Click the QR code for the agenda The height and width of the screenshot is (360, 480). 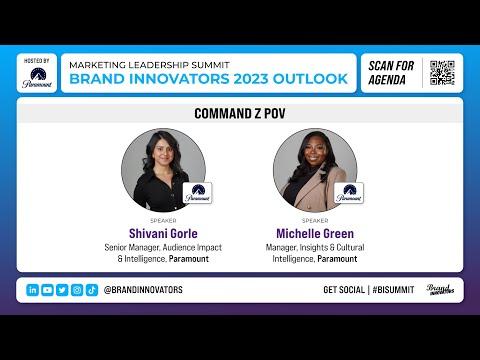pyautogui.click(x=442, y=73)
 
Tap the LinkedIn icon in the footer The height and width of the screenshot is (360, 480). pyautogui.click(x=33, y=290)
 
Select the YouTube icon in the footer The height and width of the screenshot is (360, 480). pyautogui.click(x=47, y=290)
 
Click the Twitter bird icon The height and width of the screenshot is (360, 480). pyautogui.click(x=62, y=290)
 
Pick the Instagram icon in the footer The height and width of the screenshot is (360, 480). pyautogui.click(x=77, y=290)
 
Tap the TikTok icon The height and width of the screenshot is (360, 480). pyautogui.click(x=92, y=290)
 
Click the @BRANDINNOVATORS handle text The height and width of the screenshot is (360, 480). pyautogui.click(x=143, y=290)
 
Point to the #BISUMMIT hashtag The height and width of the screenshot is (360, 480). pyautogui.click(x=393, y=290)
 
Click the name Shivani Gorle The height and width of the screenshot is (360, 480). pyautogui.click(x=163, y=233)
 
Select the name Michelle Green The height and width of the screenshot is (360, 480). pyautogui.click(x=315, y=233)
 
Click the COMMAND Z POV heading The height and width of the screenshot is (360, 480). pyautogui.click(x=240, y=114)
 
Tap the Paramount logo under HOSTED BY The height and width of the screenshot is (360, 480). pyautogui.click(x=37, y=78)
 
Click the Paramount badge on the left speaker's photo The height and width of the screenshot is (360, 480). pyautogui.click(x=197, y=193)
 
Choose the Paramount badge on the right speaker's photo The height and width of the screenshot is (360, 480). pyautogui.click(x=349, y=193)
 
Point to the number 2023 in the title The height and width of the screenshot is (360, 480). pyautogui.click(x=251, y=79)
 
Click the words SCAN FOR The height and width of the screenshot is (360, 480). pyautogui.click(x=391, y=66)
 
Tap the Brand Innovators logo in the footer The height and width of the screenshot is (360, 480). pyautogui.click(x=440, y=289)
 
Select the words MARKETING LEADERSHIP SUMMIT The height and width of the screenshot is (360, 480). pyautogui.click(x=149, y=65)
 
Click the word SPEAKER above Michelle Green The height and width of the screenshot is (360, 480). pyautogui.click(x=315, y=221)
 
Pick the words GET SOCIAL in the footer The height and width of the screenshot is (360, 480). pyautogui.click(x=344, y=290)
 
